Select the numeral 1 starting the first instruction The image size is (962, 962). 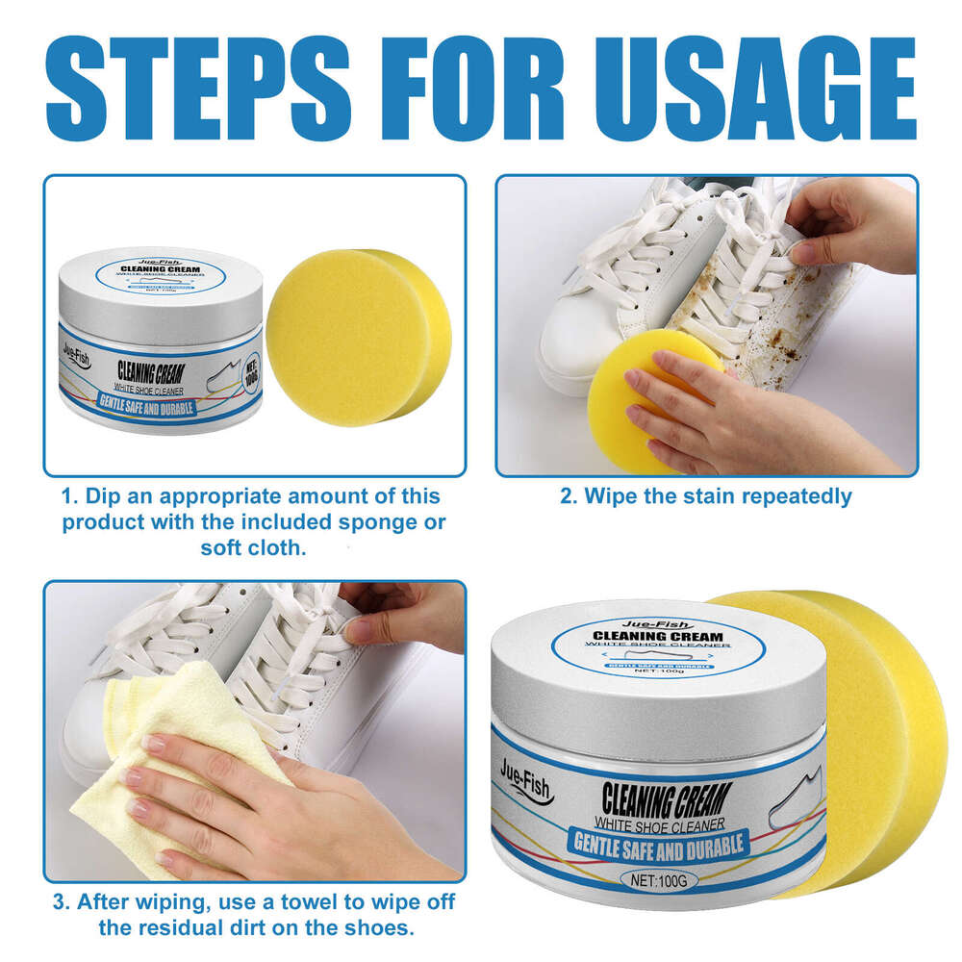tap(67, 497)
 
